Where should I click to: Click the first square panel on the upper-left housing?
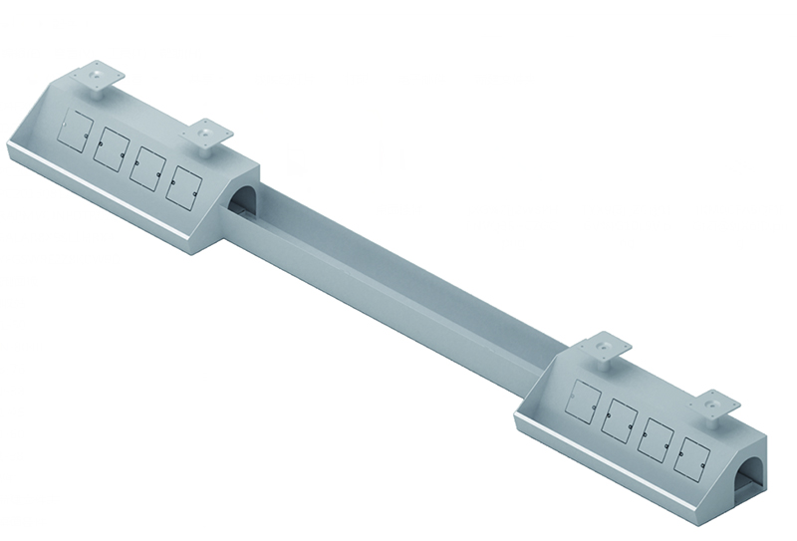pyautogui.click(x=76, y=132)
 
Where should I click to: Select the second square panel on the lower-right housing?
pyautogui.click(x=620, y=420)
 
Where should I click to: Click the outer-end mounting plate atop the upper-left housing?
pyautogui.click(x=98, y=76)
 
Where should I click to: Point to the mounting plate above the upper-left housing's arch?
pyautogui.click(x=206, y=133)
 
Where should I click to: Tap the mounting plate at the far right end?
pyautogui.click(x=714, y=405)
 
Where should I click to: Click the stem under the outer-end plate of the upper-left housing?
pyautogui.click(x=98, y=89)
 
